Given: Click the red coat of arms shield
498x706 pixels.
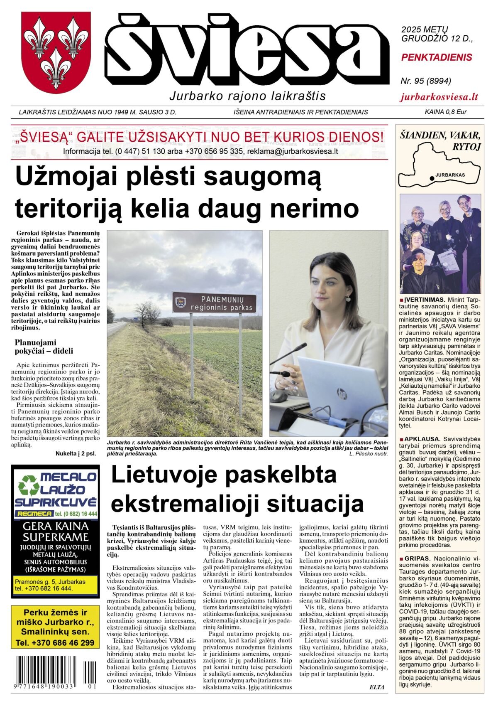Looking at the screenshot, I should point(56,52).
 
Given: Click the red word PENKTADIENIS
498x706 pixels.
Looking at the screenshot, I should point(437,57).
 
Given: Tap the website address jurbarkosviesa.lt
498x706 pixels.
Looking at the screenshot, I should point(439,97).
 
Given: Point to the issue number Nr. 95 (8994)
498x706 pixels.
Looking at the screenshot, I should point(426,81).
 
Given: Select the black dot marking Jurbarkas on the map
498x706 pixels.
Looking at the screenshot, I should point(432,178).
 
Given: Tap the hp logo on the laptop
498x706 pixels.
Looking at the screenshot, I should point(342,392).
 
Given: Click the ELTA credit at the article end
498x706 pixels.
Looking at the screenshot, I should point(377,687).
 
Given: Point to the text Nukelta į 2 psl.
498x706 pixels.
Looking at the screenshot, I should point(76,454).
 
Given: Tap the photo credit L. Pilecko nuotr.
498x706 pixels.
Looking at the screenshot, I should point(368,454).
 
